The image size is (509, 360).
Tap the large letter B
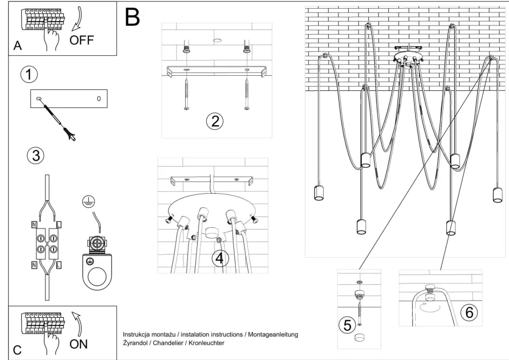(132, 18)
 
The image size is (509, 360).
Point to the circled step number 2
(214, 121)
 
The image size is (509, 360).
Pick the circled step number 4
(219, 258)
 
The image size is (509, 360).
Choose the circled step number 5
(347, 325)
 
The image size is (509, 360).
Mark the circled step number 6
(468, 312)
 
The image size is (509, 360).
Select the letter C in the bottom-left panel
(17, 350)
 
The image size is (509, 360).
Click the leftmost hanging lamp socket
(318, 193)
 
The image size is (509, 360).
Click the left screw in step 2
(186, 95)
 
